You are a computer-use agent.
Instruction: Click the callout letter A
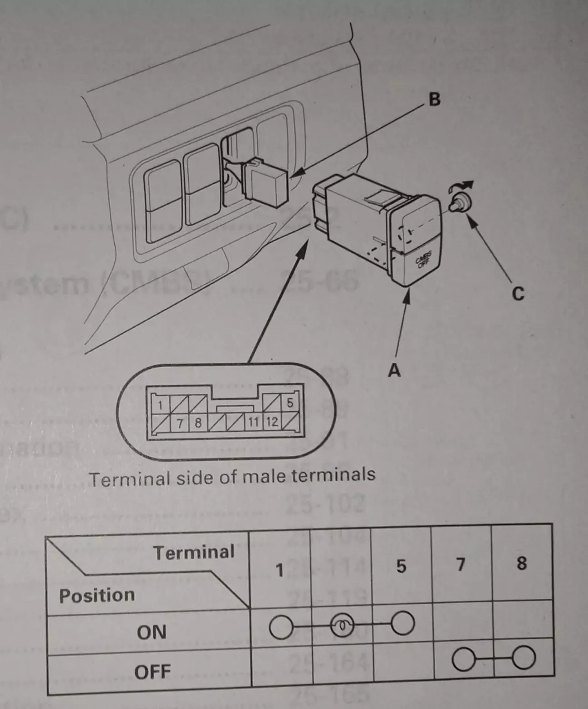coord(394,371)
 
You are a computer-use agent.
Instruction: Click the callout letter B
coord(434,99)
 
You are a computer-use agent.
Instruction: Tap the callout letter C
coord(518,294)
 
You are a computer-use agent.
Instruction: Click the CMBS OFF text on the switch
coord(424,262)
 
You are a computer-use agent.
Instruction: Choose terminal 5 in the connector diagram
coord(289,403)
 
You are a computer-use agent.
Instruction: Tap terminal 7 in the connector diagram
coord(180,423)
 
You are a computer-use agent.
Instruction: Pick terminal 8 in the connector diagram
coord(198,423)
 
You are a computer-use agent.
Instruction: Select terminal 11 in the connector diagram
coord(252,423)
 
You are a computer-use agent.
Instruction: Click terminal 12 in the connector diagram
coord(271,422)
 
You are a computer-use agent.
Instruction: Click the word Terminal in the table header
coord(194,552)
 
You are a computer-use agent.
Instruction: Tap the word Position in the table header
coord(97,595)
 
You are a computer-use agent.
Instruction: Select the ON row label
coord(152,632)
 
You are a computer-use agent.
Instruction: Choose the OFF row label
coord(152,671)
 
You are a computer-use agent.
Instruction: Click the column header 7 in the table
coord(461,565)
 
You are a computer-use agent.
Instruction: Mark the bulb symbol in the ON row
coord(342,626)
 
